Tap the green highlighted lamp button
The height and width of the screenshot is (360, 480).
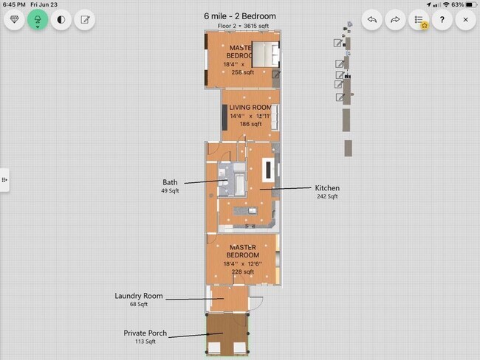click(38, 20)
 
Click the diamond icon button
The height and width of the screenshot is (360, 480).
click(15, 20)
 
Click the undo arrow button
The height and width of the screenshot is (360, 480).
click(372, 20)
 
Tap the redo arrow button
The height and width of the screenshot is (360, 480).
click(395, 20)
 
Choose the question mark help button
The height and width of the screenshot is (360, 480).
click(442, 20)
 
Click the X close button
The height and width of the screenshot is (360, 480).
click(464, 20)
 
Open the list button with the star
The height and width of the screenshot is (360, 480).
click(419, 20)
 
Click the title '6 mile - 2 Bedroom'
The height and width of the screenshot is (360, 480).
click(240, 15)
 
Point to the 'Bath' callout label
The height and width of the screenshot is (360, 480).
click(170, 182)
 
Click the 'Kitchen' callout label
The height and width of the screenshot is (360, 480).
click(327, 188)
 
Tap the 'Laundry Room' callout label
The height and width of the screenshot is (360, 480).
click(138, 296)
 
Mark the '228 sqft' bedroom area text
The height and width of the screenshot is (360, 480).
click(242, 271)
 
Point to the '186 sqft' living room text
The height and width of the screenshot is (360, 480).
click(250, 124)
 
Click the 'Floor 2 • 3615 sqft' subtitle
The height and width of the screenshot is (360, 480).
click(240, 26)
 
